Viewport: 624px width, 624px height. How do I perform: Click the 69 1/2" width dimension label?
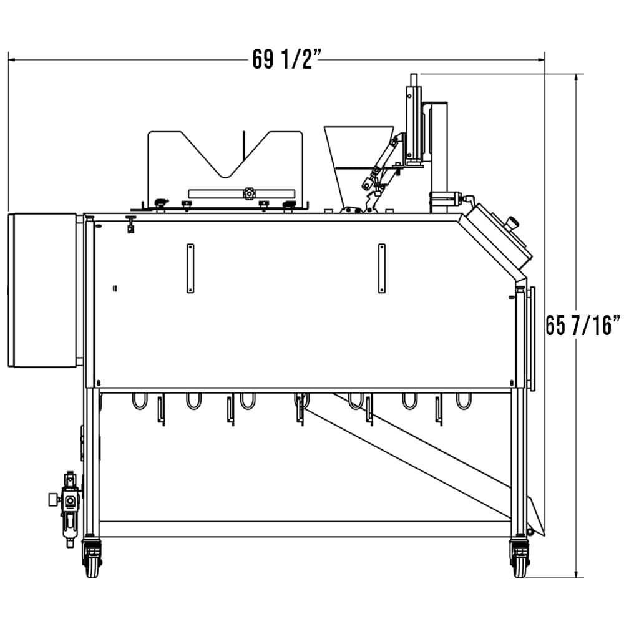tap(286, 60)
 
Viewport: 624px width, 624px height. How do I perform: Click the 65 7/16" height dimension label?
tap(583, 325)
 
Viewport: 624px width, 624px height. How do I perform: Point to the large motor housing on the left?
tap(42, 290)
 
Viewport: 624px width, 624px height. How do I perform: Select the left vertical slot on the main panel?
tap(190, 268)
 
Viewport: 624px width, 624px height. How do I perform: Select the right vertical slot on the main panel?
tap(381, 268)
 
